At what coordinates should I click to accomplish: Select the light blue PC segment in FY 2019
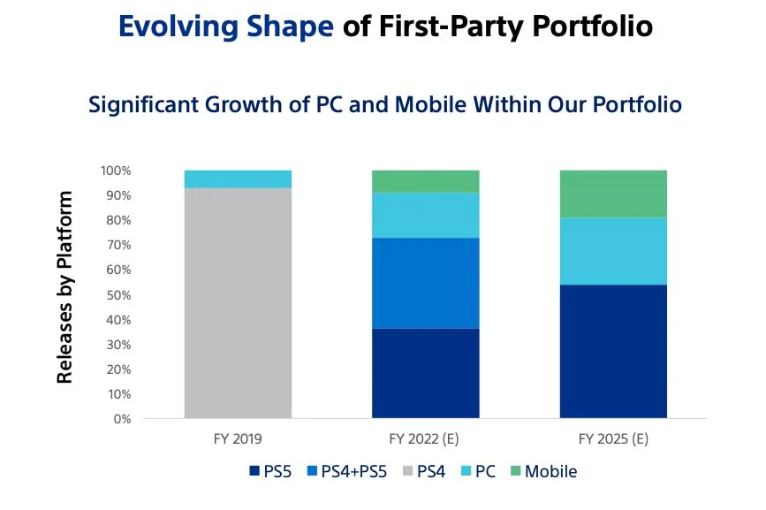238,179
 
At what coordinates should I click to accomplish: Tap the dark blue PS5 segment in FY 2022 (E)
425,373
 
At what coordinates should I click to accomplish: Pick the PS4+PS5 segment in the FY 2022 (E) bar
425,283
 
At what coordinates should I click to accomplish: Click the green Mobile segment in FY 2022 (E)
425,181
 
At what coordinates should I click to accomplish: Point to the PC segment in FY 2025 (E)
613,251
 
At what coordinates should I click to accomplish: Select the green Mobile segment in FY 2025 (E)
613,194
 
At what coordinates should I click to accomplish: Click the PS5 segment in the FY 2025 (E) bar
613,351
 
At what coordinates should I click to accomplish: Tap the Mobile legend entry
541,472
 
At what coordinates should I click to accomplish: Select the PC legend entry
476,472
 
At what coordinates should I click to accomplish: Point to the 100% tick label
115,171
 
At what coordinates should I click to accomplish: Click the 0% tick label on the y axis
121,419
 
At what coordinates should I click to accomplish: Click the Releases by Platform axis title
65,287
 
